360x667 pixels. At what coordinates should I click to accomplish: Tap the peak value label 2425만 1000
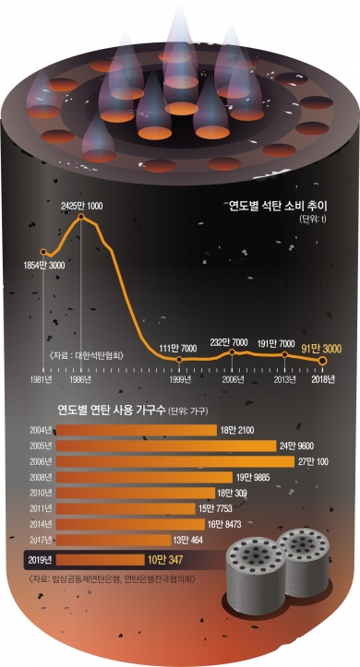pyautogui.click(x=82, y=204)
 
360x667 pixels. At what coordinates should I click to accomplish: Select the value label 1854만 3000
pyautogui.click(x=44, y=266)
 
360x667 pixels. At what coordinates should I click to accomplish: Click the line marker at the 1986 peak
pyautogui.click(x=82, y=218)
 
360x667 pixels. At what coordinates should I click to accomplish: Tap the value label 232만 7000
pyautogui.click(x=231, y=341)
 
